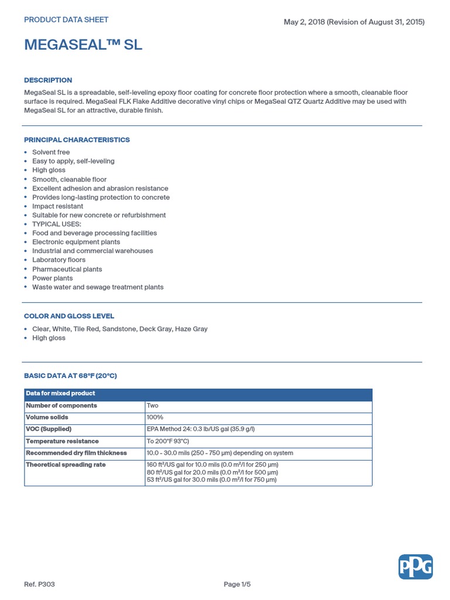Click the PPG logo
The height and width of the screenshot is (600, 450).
coord(415,567)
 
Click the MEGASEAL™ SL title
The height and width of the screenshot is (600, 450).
coord(83,45)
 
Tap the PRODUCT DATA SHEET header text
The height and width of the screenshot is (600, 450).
coord(66,20)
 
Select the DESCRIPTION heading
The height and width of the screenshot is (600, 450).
coord(48,80)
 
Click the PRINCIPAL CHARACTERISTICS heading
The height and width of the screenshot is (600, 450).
coord(77,140)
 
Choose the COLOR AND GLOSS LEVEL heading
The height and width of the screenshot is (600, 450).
coord(69,316)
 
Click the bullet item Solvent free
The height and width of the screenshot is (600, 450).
coord(51,152)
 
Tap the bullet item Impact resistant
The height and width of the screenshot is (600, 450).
coord(57,206)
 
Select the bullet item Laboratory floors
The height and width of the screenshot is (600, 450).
coord(59,260)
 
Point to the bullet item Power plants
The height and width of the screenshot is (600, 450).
coord(53,278)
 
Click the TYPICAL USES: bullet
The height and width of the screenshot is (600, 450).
coord(57,224)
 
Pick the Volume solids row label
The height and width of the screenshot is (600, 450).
coord(47,418)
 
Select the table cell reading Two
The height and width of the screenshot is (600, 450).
coord(152,405)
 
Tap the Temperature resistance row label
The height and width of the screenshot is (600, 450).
coord(62,441)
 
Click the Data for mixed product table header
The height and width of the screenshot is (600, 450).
coord(60,394)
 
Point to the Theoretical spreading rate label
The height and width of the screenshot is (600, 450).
coord(66,465)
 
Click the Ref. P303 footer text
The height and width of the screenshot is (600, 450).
coord(40,584)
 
